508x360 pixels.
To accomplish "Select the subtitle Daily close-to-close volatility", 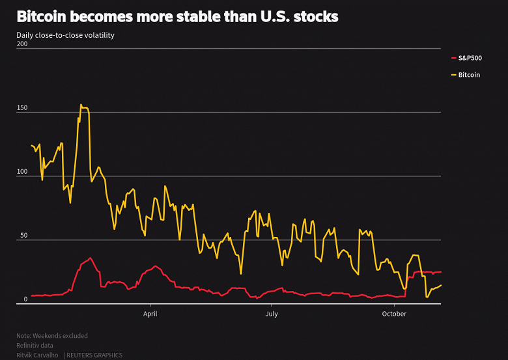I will [65, 35].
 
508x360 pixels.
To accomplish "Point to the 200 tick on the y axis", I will [22, 44].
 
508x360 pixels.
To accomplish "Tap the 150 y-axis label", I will [22, 108].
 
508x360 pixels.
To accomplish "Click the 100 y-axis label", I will [22, 172].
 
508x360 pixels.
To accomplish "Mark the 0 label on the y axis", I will [26, 299].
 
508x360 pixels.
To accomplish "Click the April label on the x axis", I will [150, 314].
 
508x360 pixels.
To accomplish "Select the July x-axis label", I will [272, 314].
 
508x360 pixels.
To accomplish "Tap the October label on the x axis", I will [393, 314].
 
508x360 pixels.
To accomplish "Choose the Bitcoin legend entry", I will [469, 75].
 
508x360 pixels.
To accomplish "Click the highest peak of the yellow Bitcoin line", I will [81, 104].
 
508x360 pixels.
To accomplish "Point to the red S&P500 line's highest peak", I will [91, 258].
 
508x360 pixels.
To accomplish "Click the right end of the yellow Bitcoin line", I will [441, 285].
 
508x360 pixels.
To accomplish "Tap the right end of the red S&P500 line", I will [441, 272].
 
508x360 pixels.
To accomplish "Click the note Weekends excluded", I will [52, 336].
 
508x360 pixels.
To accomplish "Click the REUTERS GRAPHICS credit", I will [94, 355].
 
